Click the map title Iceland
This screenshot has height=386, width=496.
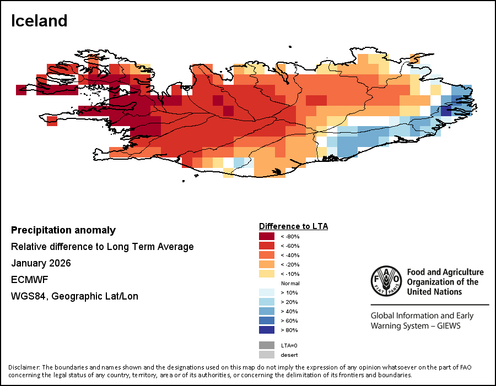click(x=39, y=21)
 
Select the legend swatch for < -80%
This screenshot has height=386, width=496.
click(x=267, y=236)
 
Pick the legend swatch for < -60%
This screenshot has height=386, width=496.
click(x=267, y=246)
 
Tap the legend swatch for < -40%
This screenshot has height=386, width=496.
click(x=267, y=255)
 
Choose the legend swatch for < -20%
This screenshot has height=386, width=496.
click(x=267, y=264)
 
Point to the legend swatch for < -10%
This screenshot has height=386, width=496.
click(x=267, y=274)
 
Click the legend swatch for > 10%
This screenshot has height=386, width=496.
click(x=267, y=292)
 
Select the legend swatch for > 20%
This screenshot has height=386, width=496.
click(x=267, y=302)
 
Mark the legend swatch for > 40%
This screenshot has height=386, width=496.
click(x=267, y=311)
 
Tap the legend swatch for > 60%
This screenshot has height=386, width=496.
click(x=267, y=320)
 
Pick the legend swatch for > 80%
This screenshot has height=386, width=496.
click(x=267, y=330)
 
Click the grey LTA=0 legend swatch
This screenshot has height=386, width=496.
click(x=267, y=345)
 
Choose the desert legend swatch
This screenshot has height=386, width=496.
click(x=267, y=355)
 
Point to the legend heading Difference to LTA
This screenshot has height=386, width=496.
click(x=293, y=226)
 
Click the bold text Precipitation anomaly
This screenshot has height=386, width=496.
click(x=63, y=230)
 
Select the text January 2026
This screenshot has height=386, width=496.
click(x=41, y=263)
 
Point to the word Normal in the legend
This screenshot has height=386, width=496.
click(x=290, y=283)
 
